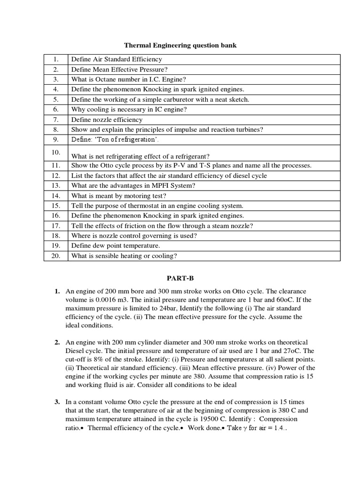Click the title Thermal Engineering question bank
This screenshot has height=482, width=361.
[x=181, y=45]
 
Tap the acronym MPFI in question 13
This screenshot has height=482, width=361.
[x=162, y=185]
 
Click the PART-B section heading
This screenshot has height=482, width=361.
[x=180, y=279]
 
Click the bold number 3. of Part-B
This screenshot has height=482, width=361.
[x=57, y=402]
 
